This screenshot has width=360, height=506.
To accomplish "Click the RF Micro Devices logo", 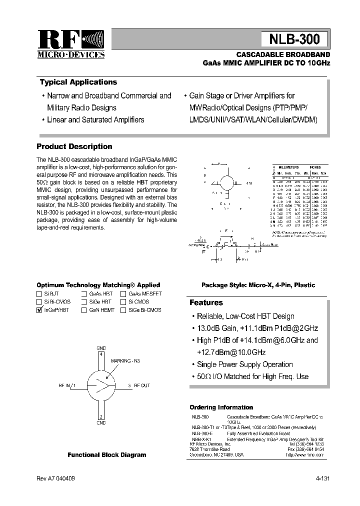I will (71, 44).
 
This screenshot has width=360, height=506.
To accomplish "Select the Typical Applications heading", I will (78, 82).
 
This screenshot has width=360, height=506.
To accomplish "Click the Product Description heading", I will (74, 146).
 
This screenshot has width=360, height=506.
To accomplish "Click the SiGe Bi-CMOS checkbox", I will (123, 310).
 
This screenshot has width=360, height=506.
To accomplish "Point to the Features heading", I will (206, 302).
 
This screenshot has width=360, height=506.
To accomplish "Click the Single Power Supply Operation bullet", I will (244, 364).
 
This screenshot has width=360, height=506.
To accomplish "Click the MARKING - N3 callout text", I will (125, 360).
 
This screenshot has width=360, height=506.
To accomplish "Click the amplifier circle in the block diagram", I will (101, 385).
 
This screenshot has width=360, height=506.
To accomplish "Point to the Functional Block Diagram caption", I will (107, 455).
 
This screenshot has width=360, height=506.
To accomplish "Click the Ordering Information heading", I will (221, 407).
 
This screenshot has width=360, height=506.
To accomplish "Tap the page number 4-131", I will (322, 478).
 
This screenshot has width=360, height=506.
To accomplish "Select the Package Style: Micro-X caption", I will (258, 285).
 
